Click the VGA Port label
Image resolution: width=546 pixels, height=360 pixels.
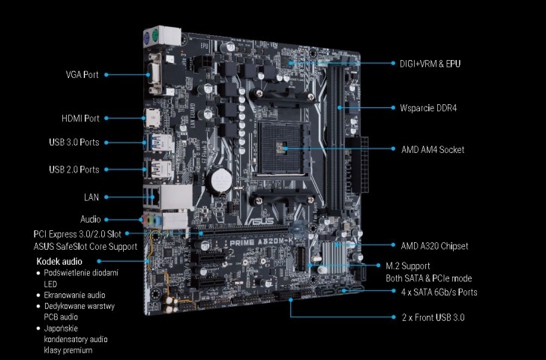(82, 74)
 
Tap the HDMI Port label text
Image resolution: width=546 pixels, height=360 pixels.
(80, 118)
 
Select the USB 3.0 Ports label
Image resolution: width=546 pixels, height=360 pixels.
(74, 142)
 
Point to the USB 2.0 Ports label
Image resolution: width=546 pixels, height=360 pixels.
(74, 169)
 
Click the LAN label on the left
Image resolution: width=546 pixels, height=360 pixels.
(91, 197)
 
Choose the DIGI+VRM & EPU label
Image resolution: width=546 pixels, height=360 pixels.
(430, 64)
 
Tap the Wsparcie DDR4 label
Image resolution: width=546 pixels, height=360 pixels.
(428, 108)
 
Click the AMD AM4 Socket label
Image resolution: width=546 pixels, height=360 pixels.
(433, 150)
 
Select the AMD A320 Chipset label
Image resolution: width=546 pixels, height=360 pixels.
(434, 246)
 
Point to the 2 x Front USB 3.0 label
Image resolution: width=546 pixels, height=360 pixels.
(433, 317)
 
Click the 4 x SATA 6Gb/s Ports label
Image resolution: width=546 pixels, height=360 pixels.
(439, 292)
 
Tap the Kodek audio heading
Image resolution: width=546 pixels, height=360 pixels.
(59, 262)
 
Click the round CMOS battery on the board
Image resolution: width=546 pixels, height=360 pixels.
(219, 180)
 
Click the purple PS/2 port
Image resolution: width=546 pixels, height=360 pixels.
(147, 38)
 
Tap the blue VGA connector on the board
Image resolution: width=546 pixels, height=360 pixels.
(154, 74)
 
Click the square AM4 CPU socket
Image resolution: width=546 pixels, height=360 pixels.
(283, 148)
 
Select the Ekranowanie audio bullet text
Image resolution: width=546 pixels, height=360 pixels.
(74, 295)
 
